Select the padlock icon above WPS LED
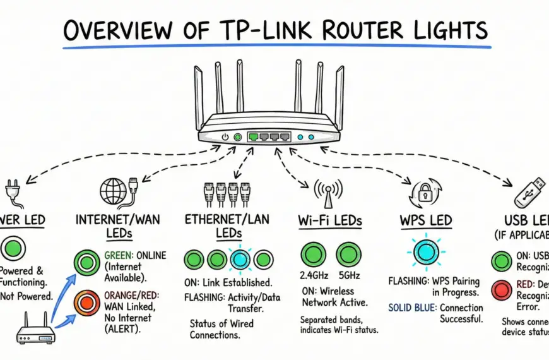pos(422,192)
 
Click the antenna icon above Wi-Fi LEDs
pos(328,192)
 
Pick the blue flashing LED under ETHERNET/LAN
pos(240,259)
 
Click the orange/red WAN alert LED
pos(86,302)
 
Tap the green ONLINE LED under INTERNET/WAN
pos(86,262)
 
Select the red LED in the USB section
pos(502,291)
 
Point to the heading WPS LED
pos(425,220)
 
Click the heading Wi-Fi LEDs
pos(330,222)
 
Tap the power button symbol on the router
pos(225,136)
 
